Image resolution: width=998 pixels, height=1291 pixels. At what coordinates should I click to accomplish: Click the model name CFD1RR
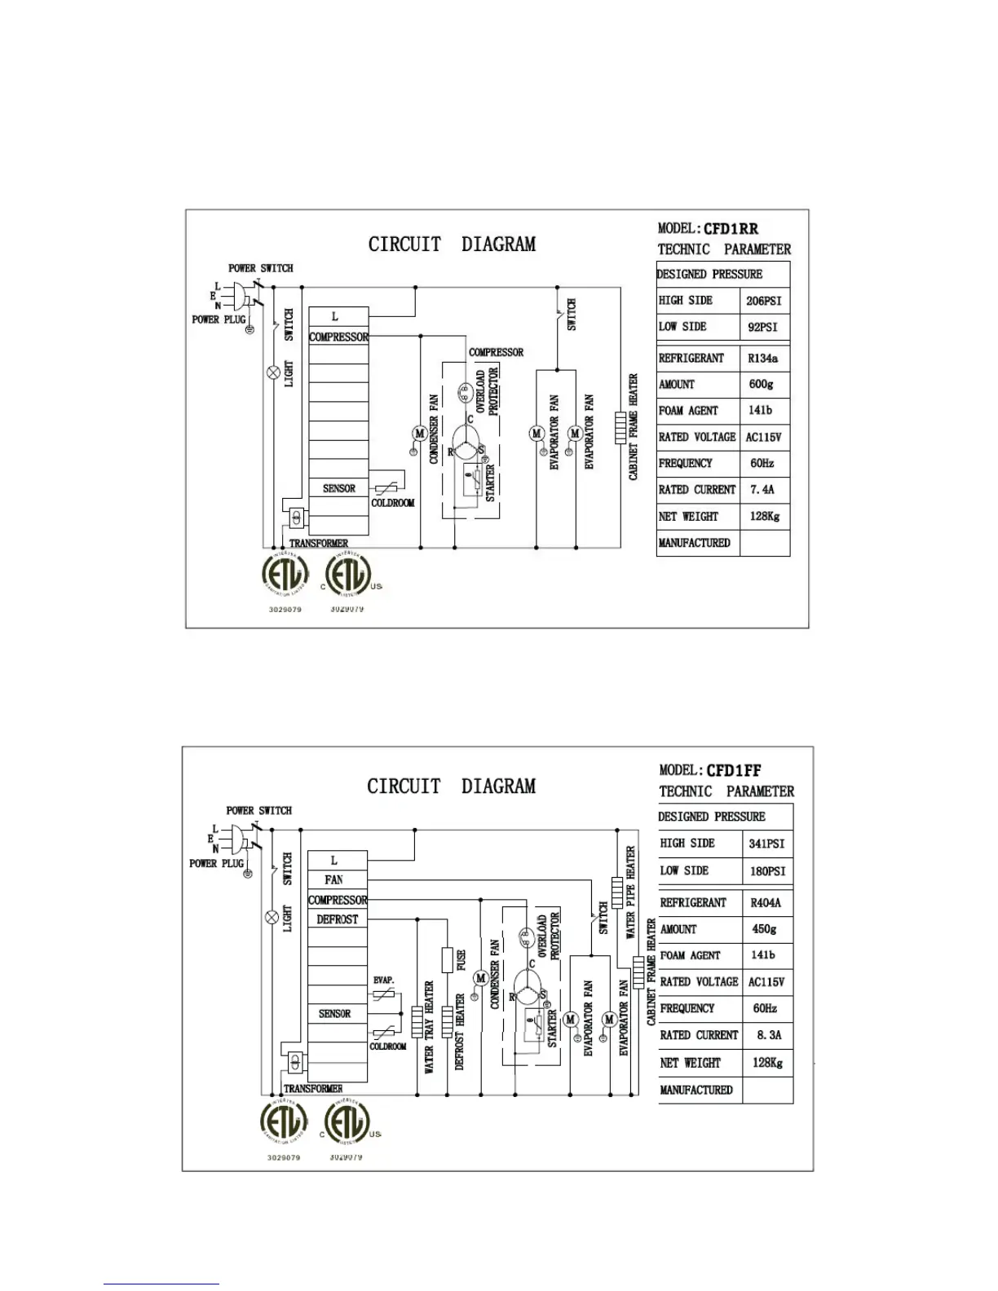(x=731, y=229)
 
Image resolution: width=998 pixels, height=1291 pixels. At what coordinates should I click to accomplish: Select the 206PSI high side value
(x=763, y=301)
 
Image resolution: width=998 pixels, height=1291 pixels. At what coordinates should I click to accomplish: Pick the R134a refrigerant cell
(x=762, y=358)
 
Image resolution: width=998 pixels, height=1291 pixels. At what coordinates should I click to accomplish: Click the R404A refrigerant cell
(x=765, y=902)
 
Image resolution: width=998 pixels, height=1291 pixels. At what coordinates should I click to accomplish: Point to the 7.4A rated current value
(x=762, y=490)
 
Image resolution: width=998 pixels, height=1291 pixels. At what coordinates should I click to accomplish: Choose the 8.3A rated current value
(x=768, y=1035)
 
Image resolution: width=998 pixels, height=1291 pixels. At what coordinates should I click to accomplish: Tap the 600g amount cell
(x=761, y=384)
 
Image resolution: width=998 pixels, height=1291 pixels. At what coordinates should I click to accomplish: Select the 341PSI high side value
(x=766, y=844)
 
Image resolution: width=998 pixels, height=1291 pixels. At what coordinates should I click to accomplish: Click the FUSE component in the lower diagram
(x=448, y=959)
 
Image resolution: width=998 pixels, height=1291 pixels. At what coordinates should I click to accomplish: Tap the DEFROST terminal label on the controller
(x=337, y=919)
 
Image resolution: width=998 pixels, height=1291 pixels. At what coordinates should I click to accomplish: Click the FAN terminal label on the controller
(x=333, y=880)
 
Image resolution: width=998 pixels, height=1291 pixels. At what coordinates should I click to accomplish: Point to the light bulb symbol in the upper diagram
(x=274, y=372)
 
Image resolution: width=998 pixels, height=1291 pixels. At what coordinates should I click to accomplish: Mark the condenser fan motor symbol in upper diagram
(x=419, y=434)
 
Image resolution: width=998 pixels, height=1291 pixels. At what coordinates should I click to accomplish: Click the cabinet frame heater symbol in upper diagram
(x=620, y=427)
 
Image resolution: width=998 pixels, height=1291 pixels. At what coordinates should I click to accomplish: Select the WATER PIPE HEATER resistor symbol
(x=617, y=892)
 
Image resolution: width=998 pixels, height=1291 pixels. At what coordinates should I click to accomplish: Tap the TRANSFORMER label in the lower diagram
(x=313, y=1089)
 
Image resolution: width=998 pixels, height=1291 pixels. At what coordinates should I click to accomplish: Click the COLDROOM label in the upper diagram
(x=393, y=503)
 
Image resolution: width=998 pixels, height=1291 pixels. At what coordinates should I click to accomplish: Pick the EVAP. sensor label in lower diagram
(x=383, y=980)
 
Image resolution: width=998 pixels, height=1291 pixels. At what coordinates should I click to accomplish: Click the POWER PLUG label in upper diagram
(x=219, y=319)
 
